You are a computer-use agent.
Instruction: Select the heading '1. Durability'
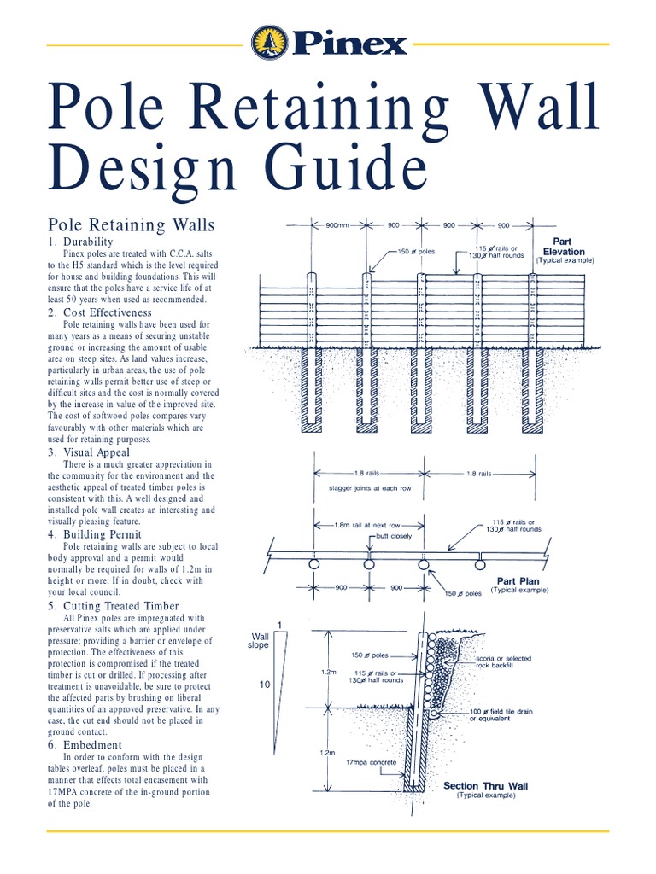(81, 242)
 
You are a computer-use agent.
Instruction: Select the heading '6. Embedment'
(85, 744)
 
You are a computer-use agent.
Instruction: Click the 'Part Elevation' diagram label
(563, 247)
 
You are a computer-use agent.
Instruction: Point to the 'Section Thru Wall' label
(485, 786)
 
